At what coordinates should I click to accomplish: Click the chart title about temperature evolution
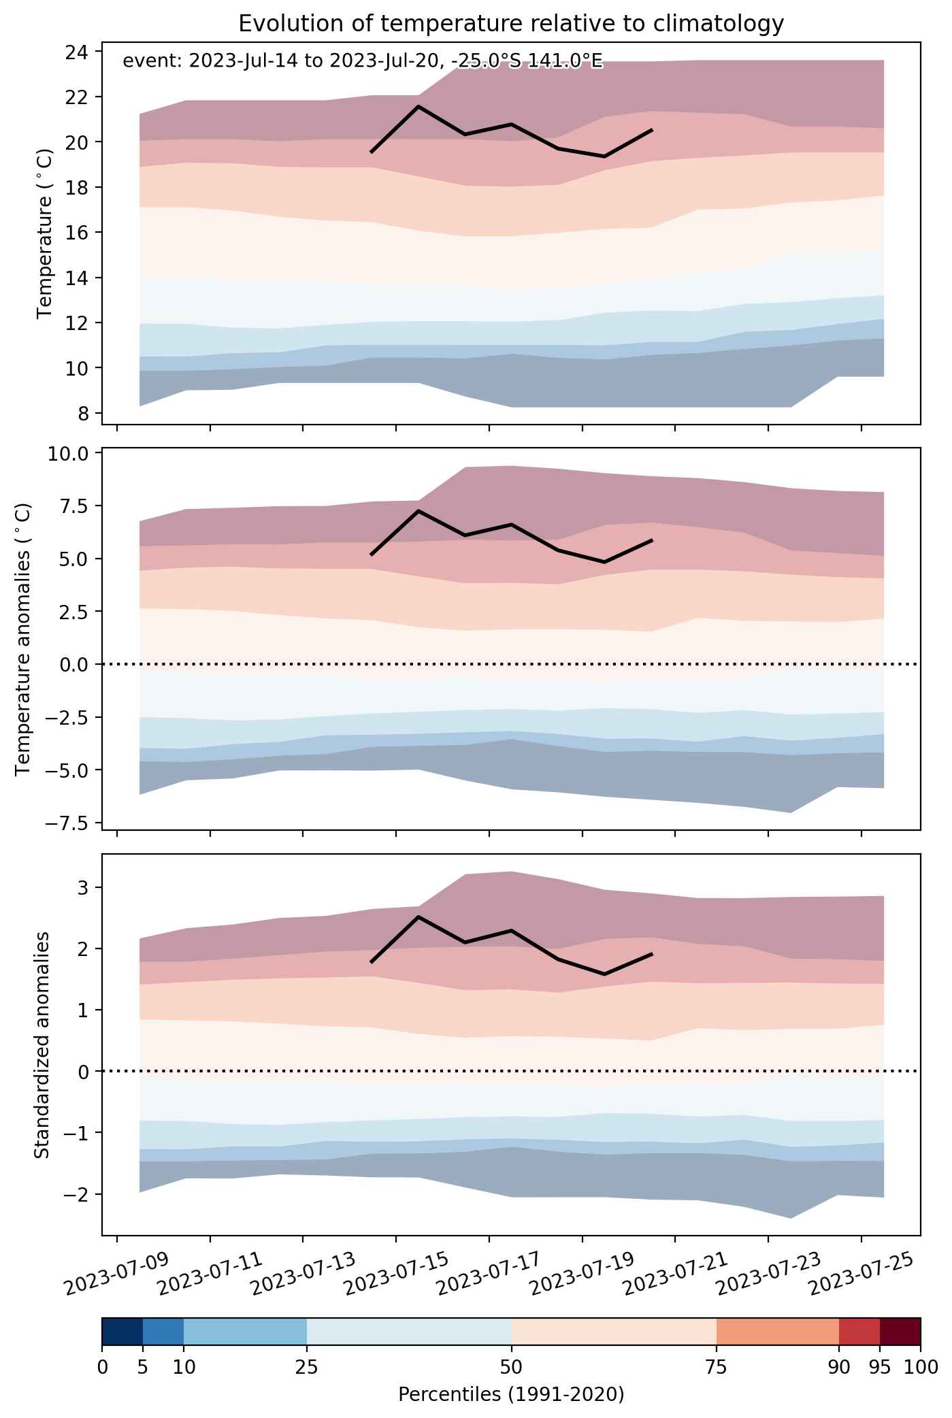[x=511, y=24]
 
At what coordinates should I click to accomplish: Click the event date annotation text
[x=362, y=61]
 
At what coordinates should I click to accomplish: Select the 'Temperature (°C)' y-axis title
[x=46, y=232]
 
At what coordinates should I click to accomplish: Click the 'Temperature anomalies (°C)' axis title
[x=23, y=639]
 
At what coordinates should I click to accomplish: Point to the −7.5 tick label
[x=70, y=823]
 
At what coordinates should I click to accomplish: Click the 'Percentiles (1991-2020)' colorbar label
[x=511, y=1395]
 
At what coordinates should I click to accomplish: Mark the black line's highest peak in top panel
[x=418, y=106]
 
